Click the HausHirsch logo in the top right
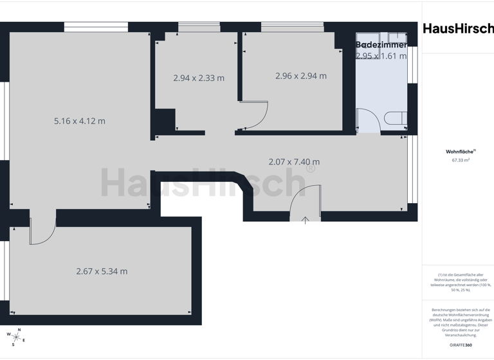458,28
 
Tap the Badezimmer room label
381,44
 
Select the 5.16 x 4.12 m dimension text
80,120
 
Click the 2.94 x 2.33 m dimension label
199,78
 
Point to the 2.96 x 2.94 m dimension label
300,75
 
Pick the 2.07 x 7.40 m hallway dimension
294,161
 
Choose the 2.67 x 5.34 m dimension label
102,271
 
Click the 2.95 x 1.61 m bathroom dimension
381,56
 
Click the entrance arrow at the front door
306,219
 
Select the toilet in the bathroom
394,118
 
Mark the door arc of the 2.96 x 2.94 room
255,114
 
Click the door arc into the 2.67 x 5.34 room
43,232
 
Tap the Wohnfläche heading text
457,152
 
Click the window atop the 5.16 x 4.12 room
96,28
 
